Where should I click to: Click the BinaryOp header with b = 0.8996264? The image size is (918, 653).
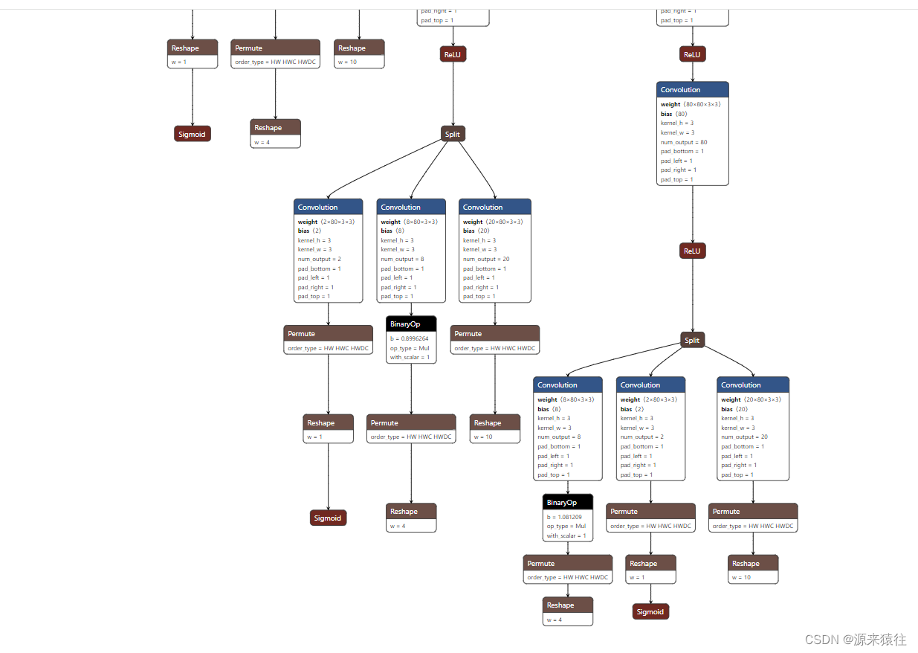(x=411, y=324)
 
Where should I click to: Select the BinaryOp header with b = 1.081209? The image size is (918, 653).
(x=567, y=503)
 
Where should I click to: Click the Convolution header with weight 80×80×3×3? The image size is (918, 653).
(x=692, y=89)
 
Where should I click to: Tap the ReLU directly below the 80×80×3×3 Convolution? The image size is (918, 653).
(x=692, y=251)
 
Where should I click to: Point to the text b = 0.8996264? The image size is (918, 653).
(x=409, y=338)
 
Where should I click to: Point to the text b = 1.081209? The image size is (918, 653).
(x=564, y=517)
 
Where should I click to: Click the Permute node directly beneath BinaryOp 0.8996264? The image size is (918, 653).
(x=411, y=422)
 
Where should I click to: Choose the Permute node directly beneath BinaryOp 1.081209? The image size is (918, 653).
(x=567, y=563)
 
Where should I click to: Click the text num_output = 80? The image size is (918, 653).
(x=684, y=142)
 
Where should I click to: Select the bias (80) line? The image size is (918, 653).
(x=674, y=114)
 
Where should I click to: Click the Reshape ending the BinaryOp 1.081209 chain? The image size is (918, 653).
(x=567, y=605)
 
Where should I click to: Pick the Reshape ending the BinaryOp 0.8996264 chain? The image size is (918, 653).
(x=411, y=511)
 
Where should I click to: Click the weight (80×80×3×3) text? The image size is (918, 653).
(x=691, y=105)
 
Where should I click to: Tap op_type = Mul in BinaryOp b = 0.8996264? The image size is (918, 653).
(x=410, y=348)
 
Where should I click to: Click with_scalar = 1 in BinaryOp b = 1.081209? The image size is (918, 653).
(x=566, y=535)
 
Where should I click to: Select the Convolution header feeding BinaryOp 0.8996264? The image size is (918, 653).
(x=411, y=207)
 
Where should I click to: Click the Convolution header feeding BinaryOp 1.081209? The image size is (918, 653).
(x=567, y=385)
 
